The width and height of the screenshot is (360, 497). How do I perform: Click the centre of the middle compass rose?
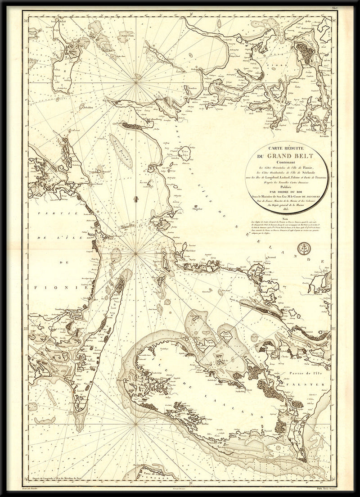point(136,255)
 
